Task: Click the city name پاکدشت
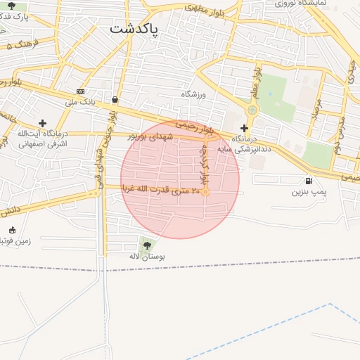click(134, 29)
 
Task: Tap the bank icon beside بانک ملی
click(81, 91)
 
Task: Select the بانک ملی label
click(79, 103)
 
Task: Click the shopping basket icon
click(115, 100)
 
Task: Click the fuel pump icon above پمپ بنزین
click(309, 181)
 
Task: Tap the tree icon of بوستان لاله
click(147, 245)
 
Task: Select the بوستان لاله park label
click(147, 257)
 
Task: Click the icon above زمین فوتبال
click(12, 230)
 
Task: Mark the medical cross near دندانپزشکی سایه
click(244, 128)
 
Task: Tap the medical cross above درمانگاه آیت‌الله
click(42, 123)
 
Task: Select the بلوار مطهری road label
click(203, 9)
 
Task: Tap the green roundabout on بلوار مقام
click(252, 110)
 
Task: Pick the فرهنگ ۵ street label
click(21, 44)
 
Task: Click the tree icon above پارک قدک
click(11, 6)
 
